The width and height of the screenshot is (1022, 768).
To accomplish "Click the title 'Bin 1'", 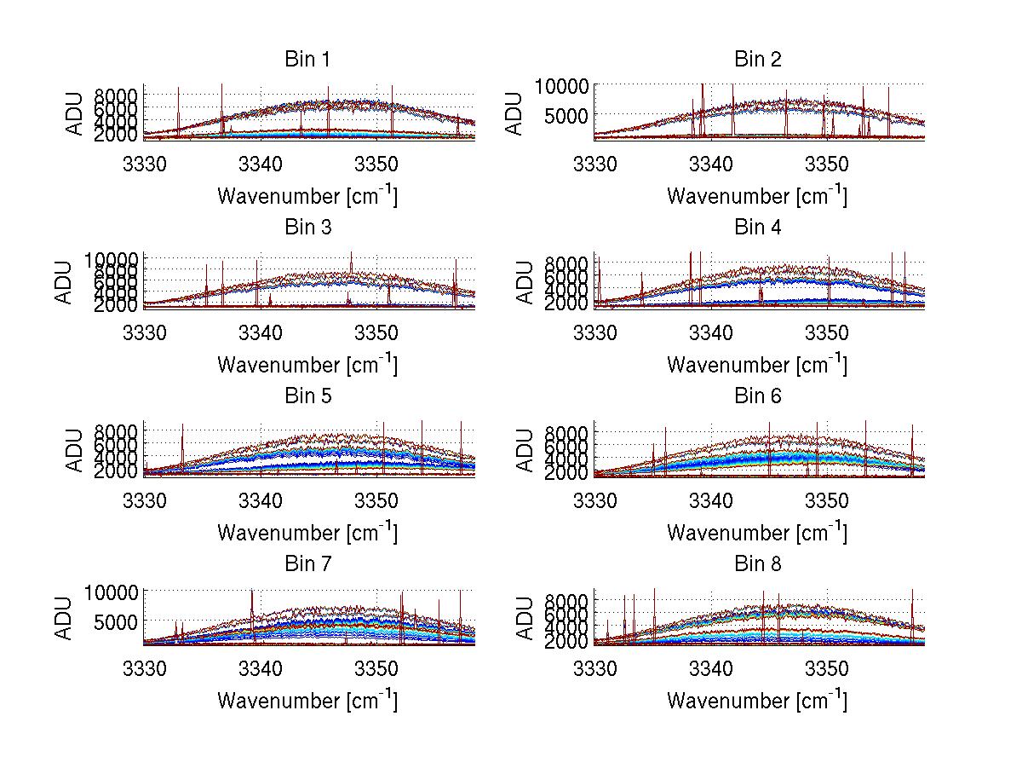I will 308,60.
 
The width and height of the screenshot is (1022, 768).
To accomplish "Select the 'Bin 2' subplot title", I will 758,60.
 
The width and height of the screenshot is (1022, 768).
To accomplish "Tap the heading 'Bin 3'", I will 308,228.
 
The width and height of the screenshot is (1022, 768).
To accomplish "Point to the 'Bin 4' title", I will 758,228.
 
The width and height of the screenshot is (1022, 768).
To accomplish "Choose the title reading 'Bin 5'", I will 308,396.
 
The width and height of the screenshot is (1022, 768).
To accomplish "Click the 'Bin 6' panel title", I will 758,396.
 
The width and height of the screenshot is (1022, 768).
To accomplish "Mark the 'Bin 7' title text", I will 308,564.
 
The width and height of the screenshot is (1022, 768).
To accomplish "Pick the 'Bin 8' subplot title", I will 758,564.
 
